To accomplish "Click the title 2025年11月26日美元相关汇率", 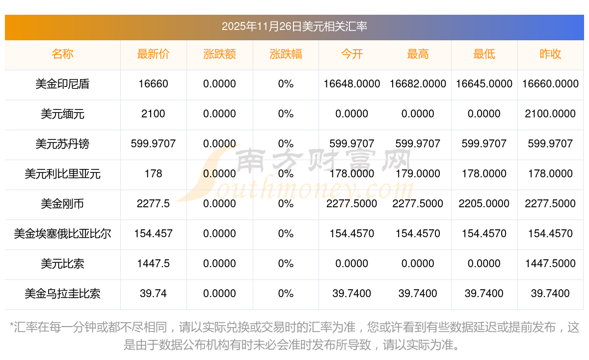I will click(x=294, y=27).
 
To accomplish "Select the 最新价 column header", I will click(x=153, y=54).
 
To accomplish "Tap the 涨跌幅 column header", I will click(x=286, y=54).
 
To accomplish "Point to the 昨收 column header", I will click(x=550, y=54).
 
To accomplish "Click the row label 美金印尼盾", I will click(x=62, y=84).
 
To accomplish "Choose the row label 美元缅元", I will click(x=62, y=114).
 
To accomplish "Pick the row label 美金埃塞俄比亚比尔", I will click(x=62, y=234).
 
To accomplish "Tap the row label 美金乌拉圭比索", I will click(x=62, y=294).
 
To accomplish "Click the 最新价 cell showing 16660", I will click(x=153, y=84).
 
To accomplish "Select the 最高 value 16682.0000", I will click(x=418, y=84).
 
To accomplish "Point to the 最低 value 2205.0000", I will click(x=484, y=204).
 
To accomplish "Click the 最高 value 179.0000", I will click(x=418, y=174).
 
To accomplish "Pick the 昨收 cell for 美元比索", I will click(x=550, y=264).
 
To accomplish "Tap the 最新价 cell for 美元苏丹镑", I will click(x=153, y=144).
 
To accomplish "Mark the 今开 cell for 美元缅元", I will click(x=352, y=114).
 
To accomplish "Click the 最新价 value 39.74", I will click(x=153, y=294).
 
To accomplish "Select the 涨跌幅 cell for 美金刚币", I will click(x=286, y=204).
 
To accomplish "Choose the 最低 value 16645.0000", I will click(x=484, y=84).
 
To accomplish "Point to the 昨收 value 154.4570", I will click(x=550, y=234).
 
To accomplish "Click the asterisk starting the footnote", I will click(x=12, y=326).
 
